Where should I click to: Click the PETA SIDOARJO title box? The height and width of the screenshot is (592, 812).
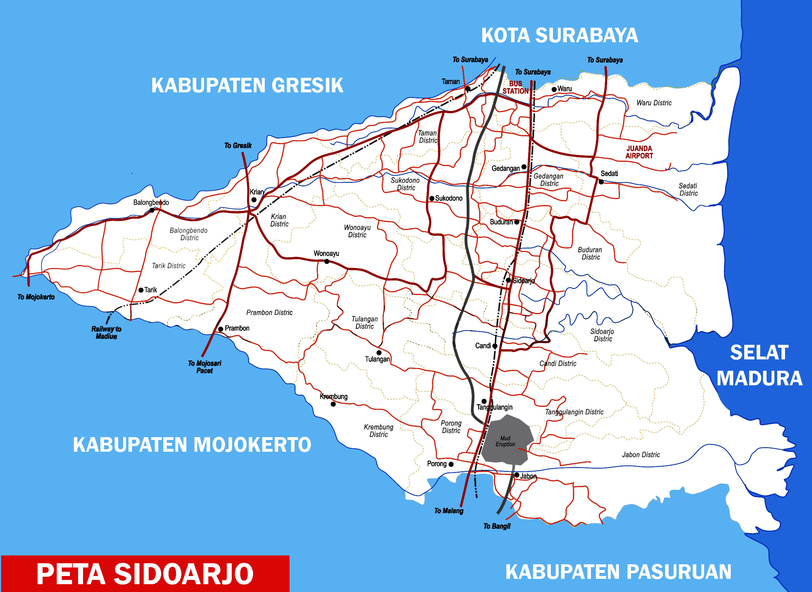tap(145, 574)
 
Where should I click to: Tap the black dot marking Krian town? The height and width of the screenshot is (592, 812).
tap(254, 200)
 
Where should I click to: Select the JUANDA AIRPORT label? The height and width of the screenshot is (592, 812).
tap(639, 152)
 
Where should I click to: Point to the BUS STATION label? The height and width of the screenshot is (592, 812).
tap(515, 87)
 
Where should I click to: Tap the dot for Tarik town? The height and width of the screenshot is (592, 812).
tap(141, 290)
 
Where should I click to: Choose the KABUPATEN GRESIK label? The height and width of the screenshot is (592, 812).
tap(247, 85)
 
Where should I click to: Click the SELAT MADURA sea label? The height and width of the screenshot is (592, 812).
tap(759, 365)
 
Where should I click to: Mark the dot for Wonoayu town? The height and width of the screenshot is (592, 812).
tap(327, 262)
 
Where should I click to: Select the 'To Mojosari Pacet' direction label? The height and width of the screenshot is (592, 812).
tap(204, 366)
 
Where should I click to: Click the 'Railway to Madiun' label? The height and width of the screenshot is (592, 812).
tap(106, 332)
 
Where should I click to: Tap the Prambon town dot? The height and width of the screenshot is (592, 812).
tap(220, 329)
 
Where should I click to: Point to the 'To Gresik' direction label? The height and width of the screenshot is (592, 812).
tap(238, 146)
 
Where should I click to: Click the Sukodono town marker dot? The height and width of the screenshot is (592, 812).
tap(432, 198)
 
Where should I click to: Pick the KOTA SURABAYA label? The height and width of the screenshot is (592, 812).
tap(560, 35)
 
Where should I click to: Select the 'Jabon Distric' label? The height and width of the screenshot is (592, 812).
tap(641, 455)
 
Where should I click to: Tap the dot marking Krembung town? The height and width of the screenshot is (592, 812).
tap(333, 404)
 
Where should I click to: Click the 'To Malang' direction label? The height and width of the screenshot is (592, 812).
tap(449, 511)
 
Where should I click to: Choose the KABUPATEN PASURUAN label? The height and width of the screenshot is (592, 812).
tap(618, 571)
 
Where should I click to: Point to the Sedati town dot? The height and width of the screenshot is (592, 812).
tap(601, 182)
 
